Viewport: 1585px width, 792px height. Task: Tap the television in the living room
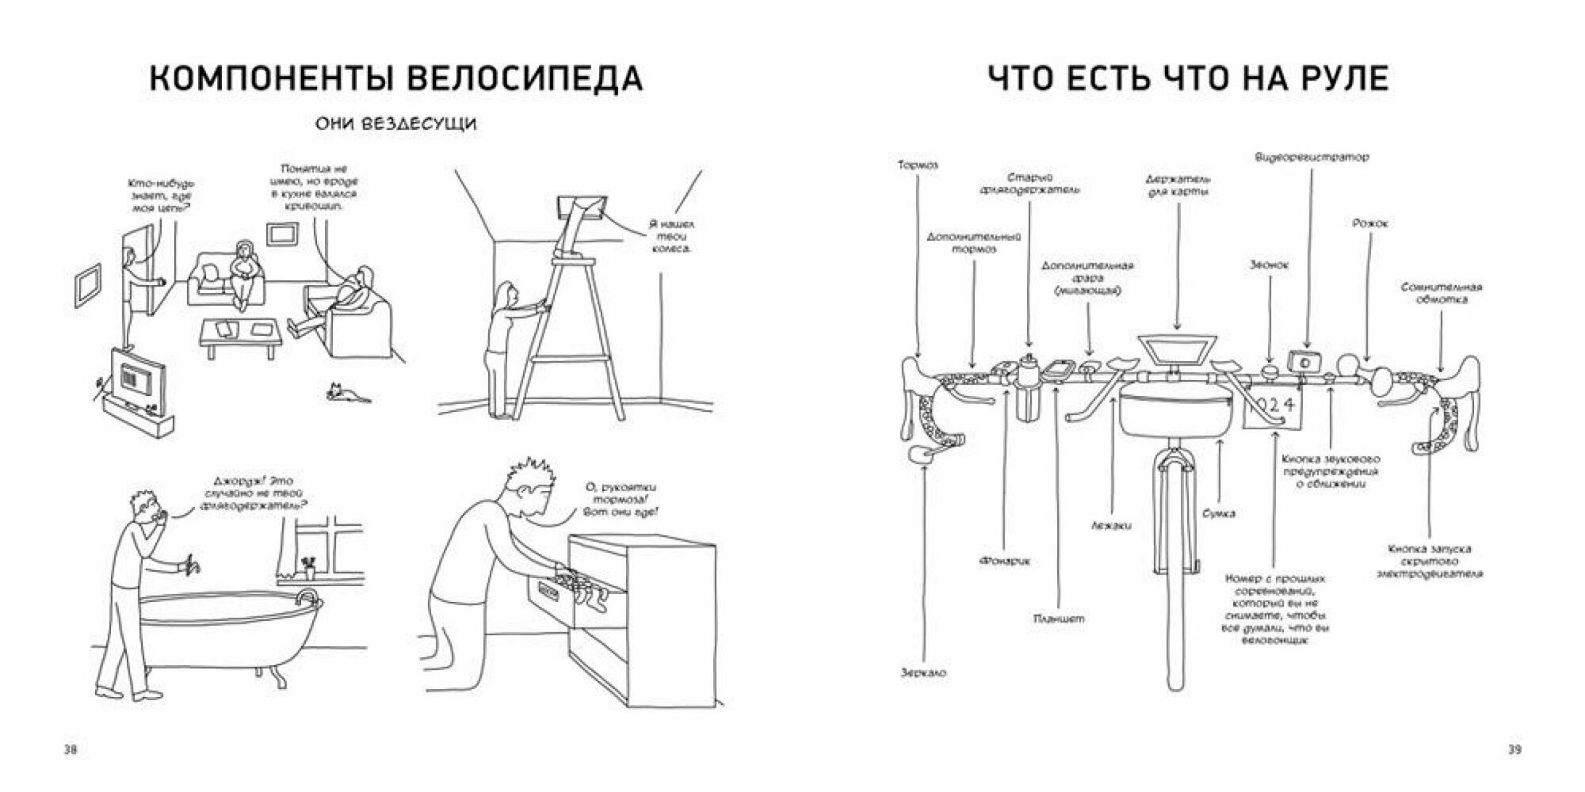(x=137, y=379)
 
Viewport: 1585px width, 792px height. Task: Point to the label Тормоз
(x=918, y=166)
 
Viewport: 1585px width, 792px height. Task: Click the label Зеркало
(x=923, y=672)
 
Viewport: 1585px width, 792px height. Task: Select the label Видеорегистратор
(x=1312, y=158)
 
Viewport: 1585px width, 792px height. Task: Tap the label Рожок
(x=1369, y=224)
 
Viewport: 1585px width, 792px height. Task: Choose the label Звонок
(x=1269, y=265)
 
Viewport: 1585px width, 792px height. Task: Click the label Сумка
(x=1217, y=513)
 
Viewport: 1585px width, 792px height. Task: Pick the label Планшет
(x=1059, y=619)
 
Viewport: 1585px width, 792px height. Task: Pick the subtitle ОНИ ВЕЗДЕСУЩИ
(x=396, y=125)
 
